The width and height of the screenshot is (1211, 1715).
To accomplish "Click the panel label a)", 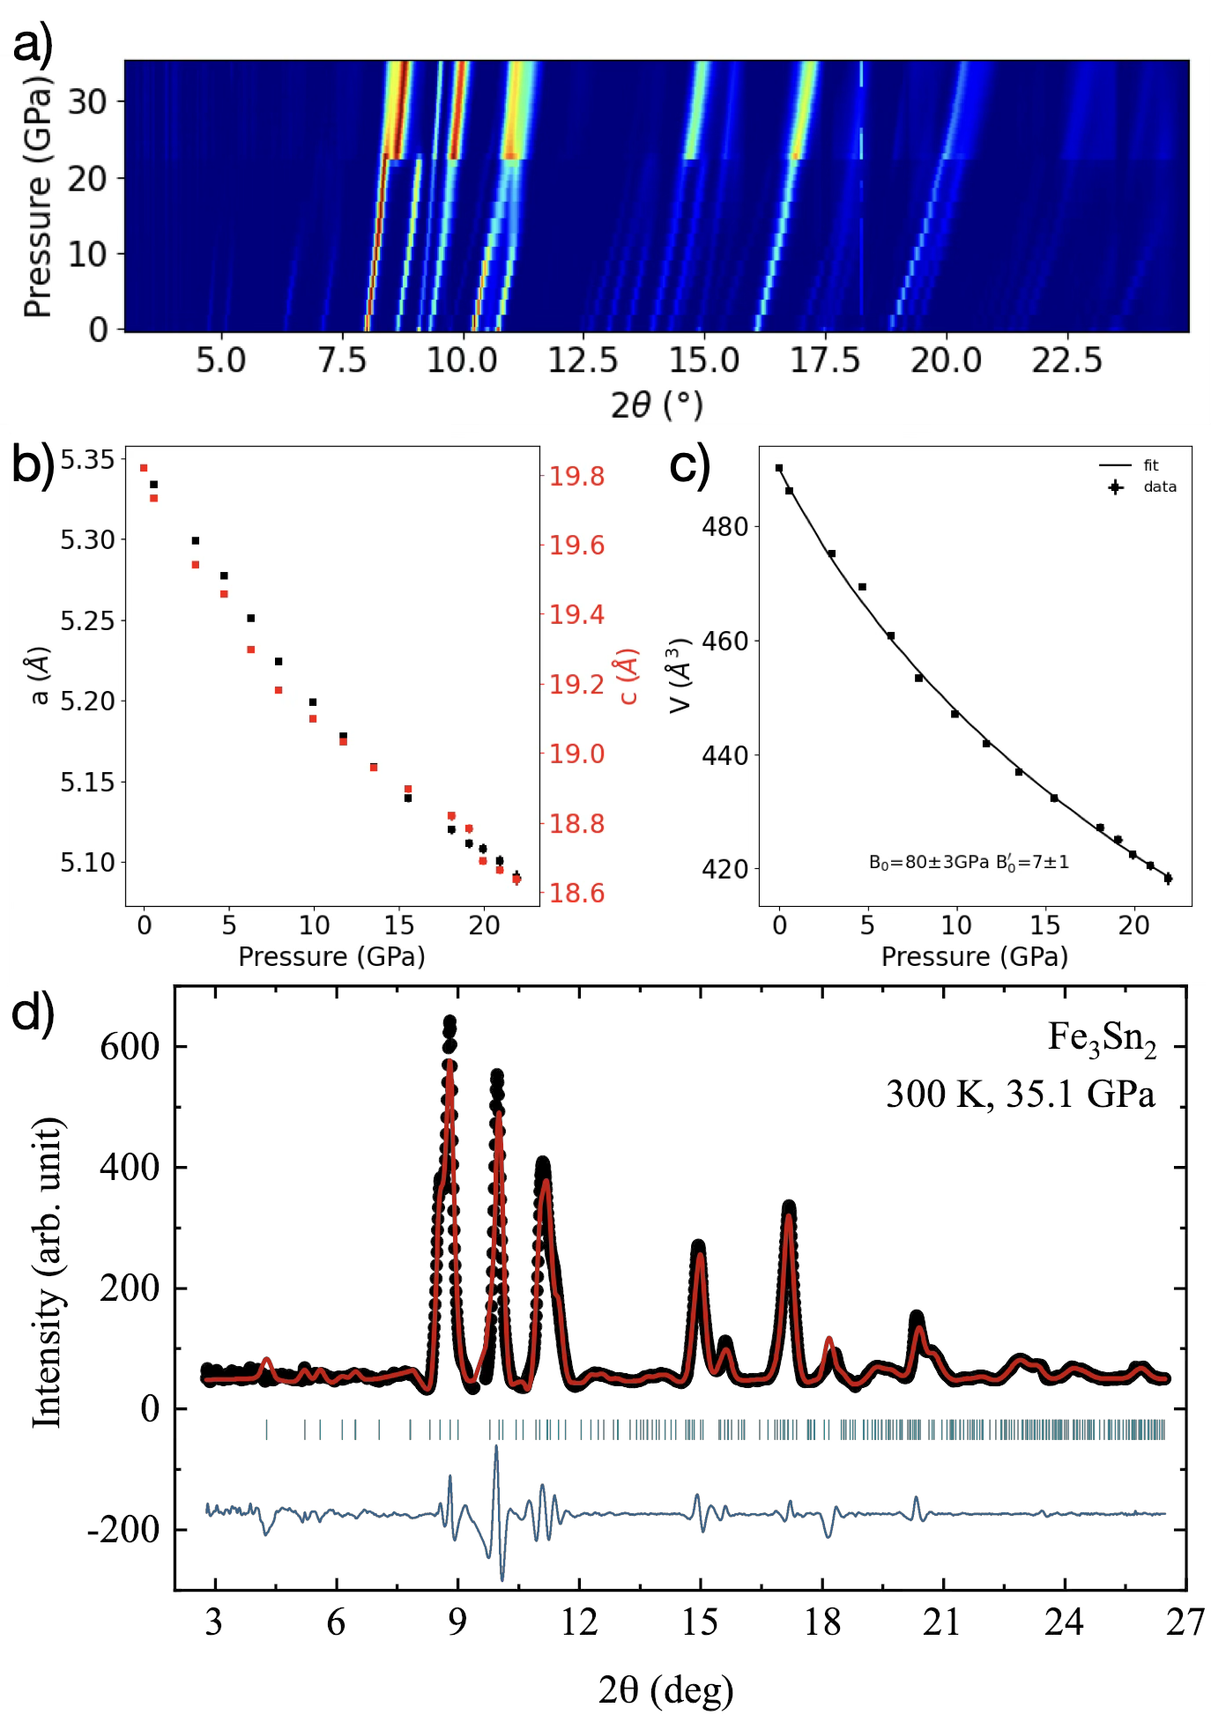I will click(33, 42).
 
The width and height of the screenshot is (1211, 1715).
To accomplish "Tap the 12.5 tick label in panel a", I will click(583, 360).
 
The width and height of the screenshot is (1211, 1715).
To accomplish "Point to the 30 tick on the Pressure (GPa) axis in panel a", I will click(88, 102).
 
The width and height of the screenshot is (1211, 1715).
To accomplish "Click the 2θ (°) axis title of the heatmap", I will click(657, 405).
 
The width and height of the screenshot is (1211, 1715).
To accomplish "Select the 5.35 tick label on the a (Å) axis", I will click(87, 459).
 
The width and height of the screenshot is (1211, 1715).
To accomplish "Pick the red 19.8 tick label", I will click(577, 476).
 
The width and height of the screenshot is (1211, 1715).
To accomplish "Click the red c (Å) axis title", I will click(628, 677).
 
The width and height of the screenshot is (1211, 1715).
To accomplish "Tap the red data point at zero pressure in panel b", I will click(145, 468).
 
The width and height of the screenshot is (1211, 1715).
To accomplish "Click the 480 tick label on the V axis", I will click(724, 527).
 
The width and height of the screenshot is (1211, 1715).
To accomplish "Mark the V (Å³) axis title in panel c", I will click(680, 676).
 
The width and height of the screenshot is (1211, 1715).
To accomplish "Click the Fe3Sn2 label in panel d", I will click(1101, 1037).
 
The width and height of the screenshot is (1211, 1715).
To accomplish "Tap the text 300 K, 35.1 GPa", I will click(1020, 1094).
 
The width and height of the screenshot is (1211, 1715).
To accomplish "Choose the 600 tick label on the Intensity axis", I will click(130, 1047).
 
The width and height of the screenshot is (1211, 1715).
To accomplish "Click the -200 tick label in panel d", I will click(123, 1530).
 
